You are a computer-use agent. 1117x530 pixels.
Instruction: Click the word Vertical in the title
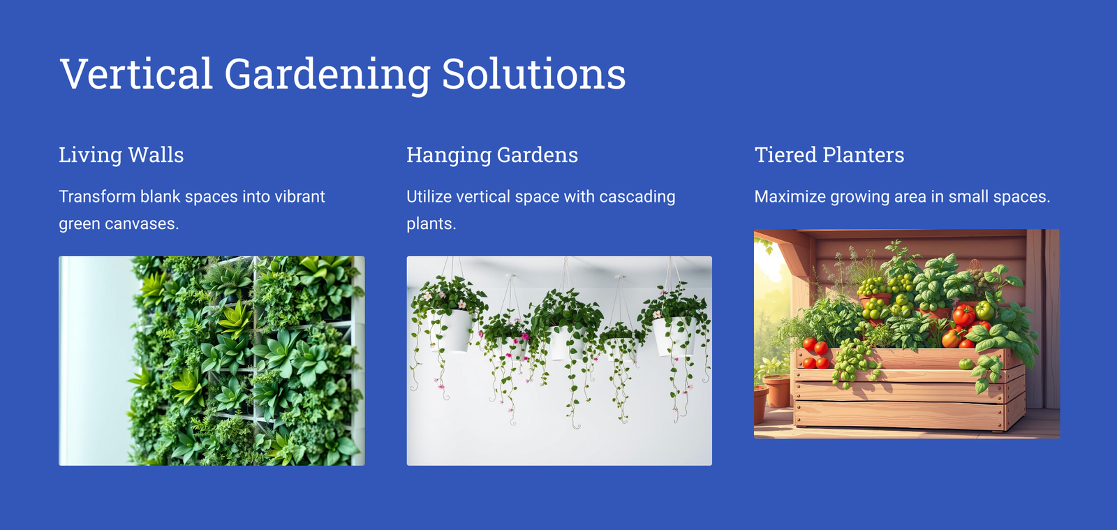click(137, 73)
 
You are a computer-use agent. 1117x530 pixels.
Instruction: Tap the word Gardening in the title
click(327, 75)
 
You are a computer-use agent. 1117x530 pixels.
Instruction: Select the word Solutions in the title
click(533, 73)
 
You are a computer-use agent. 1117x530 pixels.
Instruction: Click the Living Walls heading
click(121, 155)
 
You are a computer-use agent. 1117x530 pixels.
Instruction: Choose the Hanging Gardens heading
click(492, 155)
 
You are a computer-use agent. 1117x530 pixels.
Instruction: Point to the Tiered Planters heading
click(829, 154)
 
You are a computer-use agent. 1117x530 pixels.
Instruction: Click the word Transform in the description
click(97, 196)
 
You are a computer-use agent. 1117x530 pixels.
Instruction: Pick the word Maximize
click(790, 196)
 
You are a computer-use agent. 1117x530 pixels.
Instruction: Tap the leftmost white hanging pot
click(451, 330)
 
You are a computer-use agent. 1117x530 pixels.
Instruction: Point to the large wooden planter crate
click(908, 389)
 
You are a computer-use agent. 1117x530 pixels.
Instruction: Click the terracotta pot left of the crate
click(776, 392)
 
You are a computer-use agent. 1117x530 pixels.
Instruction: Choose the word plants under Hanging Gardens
click(431, 224)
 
